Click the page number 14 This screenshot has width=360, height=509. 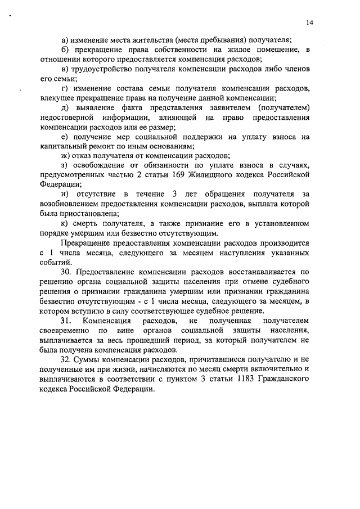(x=309, y=23)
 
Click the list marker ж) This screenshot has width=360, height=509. (x=65, y=156)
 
